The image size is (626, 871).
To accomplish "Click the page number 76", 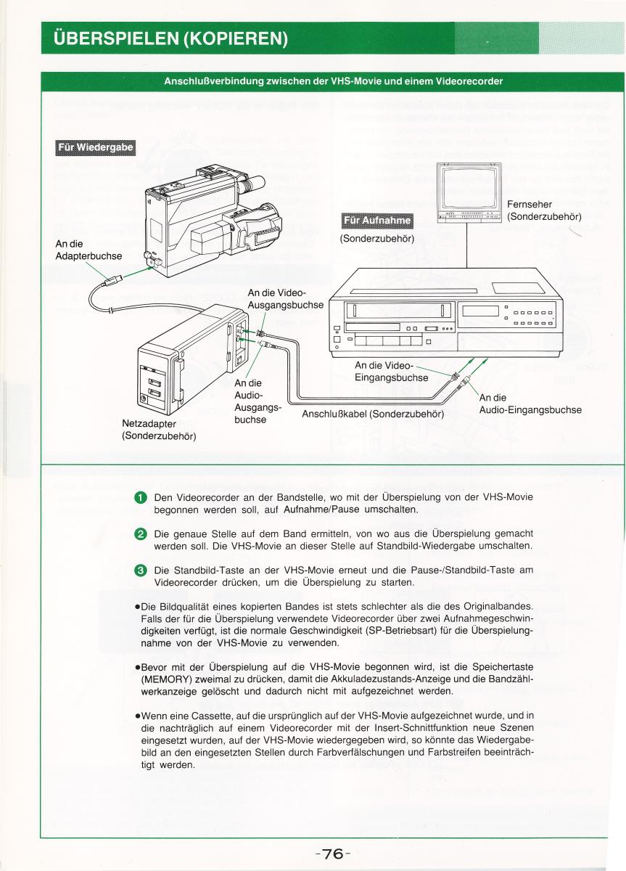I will click(333, 854).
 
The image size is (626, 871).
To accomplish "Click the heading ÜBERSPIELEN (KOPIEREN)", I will click(165, 37).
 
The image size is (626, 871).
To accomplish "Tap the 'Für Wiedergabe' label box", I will click(95, 149).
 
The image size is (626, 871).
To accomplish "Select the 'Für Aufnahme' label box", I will click(376, 221).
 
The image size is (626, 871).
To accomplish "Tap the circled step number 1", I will click(141, 497).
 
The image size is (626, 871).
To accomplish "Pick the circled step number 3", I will click(141, 571).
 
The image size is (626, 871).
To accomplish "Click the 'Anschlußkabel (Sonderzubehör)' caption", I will click(372, 414).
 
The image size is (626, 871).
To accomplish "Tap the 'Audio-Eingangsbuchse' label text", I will click(530, 410).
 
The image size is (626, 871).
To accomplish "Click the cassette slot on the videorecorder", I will click(398, 310).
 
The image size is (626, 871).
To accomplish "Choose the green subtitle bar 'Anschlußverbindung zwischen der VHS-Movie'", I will click(333, 81).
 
